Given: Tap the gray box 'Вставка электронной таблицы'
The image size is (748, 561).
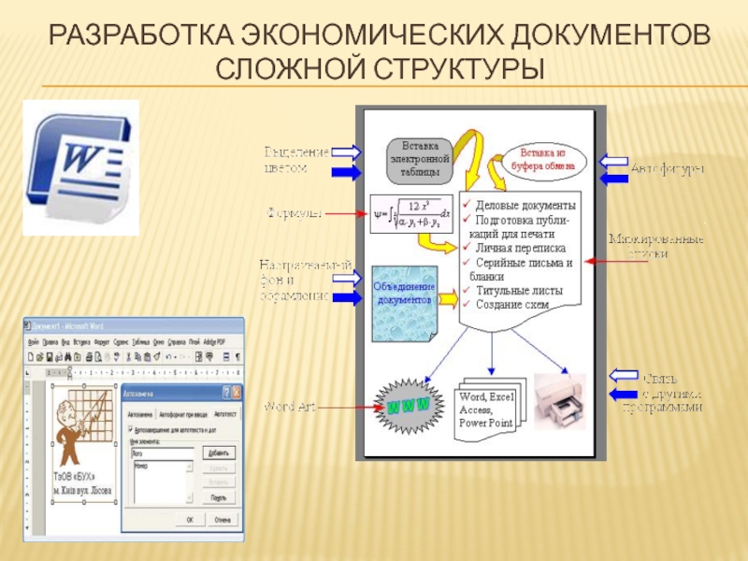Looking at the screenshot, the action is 419,160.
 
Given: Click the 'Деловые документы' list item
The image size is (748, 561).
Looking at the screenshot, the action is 525,205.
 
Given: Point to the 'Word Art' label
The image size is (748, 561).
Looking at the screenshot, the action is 293,407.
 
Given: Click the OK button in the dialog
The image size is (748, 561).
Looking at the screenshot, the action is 189,519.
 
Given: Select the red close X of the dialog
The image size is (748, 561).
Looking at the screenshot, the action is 237,393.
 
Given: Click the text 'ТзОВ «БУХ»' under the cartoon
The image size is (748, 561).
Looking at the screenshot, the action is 74,476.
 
